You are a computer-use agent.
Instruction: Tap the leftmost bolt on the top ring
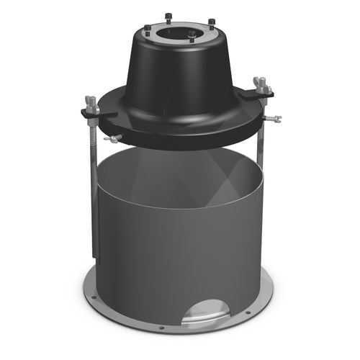148,29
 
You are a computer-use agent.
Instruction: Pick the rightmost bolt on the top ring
211,22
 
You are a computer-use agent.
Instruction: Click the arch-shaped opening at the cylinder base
209,310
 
